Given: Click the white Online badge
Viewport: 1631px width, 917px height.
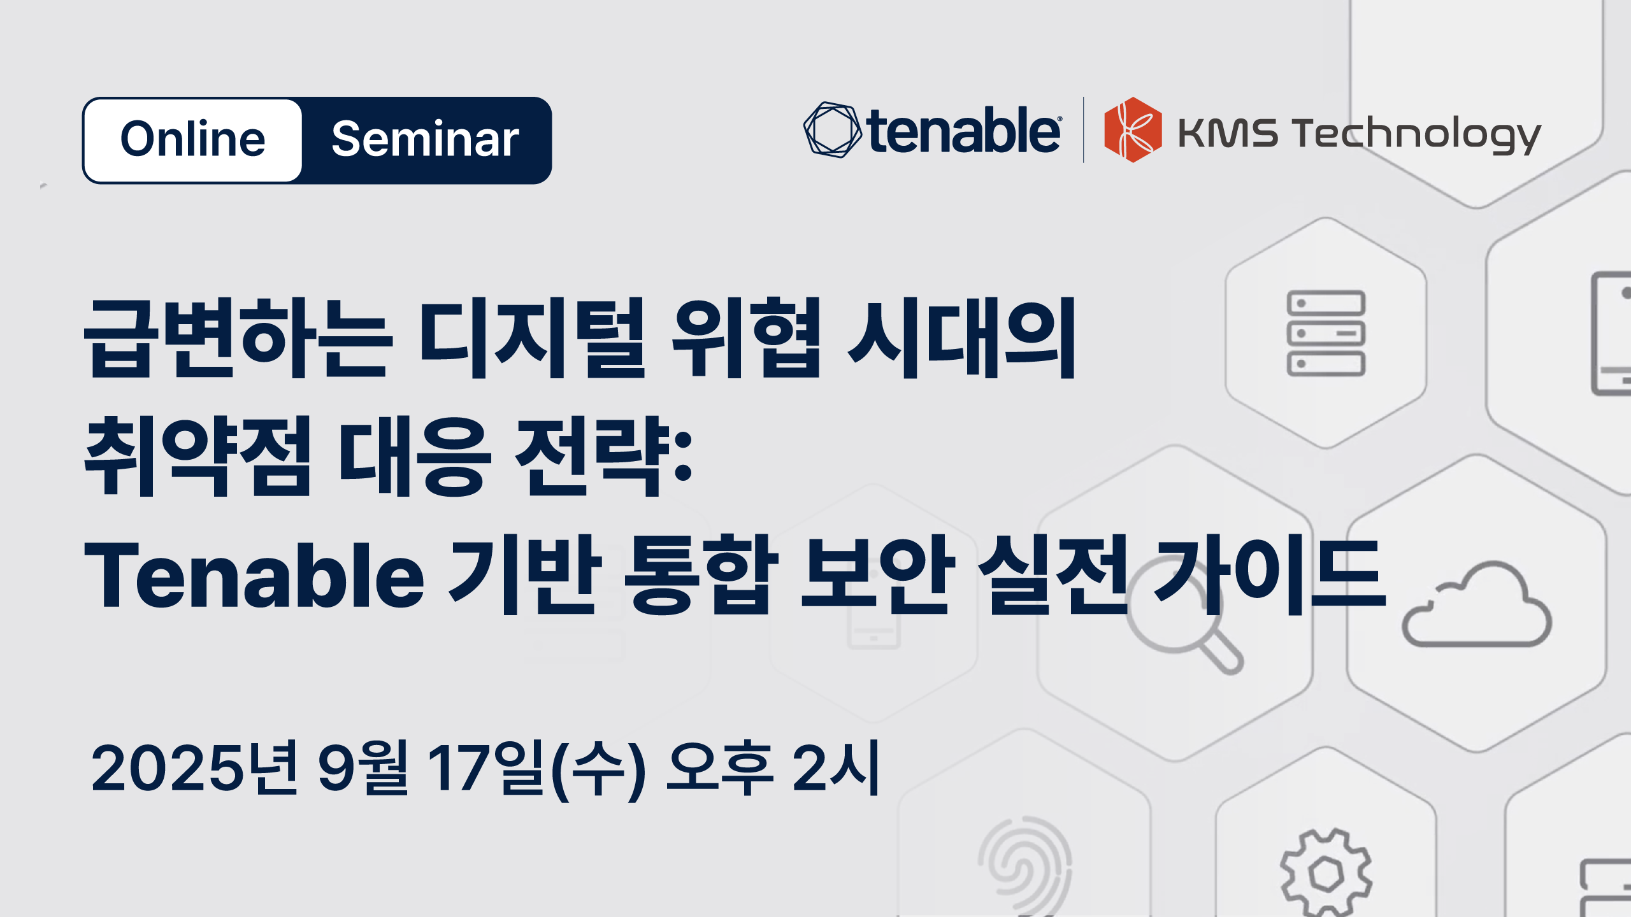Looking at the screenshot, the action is click(192, 140).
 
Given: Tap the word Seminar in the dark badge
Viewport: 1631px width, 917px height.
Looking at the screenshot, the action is click(425, 139).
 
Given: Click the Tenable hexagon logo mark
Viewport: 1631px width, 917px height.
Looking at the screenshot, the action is click(832, 130).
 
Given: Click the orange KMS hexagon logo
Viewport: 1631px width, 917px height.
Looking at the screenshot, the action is click(1133, 130).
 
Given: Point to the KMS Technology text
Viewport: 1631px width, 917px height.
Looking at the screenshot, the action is click(1360, 135).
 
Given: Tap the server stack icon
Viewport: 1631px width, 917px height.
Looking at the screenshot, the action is click(1326, 333).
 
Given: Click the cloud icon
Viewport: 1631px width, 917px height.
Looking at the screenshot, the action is click(1477, 605).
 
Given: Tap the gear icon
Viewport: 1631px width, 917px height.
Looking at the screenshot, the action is click(1326, 873).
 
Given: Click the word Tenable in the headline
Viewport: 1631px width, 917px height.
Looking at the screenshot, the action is click(254, 576).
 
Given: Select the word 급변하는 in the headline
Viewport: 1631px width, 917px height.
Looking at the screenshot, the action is click(239, 338).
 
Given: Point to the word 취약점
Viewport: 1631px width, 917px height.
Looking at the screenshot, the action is click(198, 456).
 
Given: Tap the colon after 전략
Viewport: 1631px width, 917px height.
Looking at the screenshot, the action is click(683, 456).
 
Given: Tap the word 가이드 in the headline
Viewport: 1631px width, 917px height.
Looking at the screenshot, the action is click(1269, 574).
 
